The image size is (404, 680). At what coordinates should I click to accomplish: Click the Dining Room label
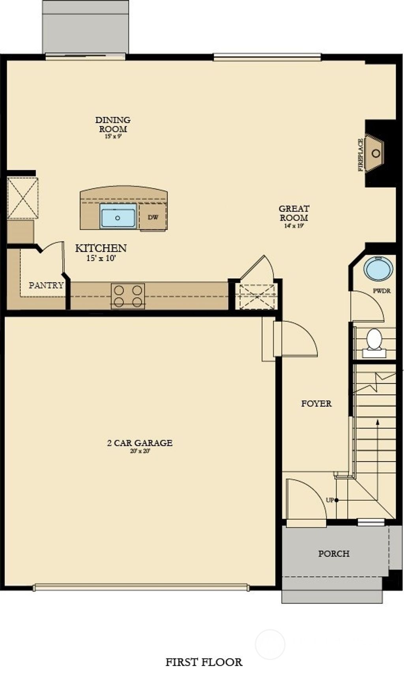coord(113,124)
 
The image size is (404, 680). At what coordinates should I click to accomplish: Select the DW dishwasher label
coord(153,217)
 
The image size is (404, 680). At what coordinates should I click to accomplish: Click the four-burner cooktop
coord(128,296)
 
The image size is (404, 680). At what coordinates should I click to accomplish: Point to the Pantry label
coord(46,285)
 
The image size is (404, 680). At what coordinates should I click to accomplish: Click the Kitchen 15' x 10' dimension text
coord(101,259)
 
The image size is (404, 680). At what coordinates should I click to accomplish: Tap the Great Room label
coord(294,213)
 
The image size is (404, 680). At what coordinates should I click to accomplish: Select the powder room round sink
coord(378,269)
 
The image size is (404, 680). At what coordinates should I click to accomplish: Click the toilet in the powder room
coord(374,340)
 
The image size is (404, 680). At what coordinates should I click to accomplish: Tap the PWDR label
coord(382,291)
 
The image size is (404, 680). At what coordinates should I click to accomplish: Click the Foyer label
coord(316,404)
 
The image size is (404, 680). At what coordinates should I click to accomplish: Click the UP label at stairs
coord(330,500)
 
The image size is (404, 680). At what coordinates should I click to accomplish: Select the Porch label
coord(334,554)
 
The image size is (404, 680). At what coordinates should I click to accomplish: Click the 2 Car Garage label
coord(140,443)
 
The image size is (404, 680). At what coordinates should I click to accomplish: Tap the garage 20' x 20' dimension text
coord(140,451)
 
